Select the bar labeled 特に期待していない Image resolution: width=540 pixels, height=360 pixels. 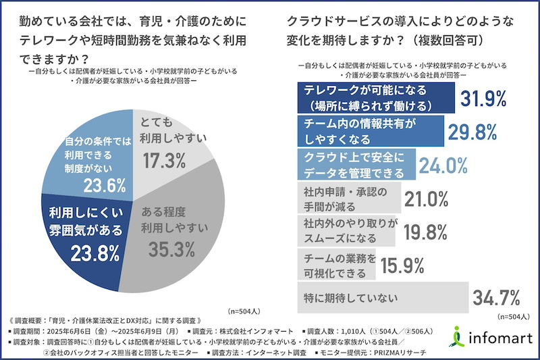click(382, 297)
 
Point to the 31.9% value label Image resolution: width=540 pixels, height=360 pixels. click(483, 99)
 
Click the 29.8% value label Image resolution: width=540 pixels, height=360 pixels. click(473, 132)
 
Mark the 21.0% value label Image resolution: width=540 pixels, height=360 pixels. click(427, 198)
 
